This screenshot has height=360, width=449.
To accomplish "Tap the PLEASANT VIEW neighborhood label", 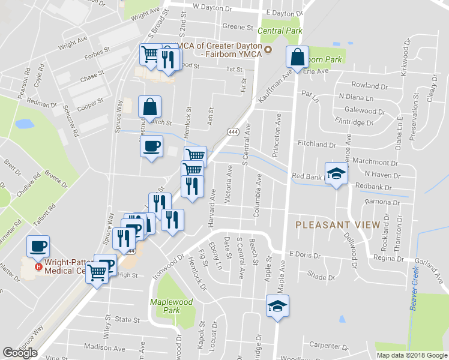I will (337, 224).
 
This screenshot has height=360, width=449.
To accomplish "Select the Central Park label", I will (280, 31).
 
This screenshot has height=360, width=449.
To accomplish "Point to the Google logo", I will (20, 353).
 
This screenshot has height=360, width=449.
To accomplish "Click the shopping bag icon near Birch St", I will (149, 108).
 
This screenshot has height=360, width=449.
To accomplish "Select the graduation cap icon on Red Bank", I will (337, 174).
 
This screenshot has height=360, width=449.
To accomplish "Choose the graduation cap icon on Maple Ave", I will (277, 307).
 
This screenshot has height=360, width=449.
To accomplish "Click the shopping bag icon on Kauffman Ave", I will (297, 58).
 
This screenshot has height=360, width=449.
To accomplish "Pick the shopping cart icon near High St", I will (97, 274).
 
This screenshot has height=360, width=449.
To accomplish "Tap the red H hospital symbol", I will (38, 266).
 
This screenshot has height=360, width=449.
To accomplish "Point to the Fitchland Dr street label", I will (316, 145).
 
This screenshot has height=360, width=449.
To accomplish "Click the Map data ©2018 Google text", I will (411, 355).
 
